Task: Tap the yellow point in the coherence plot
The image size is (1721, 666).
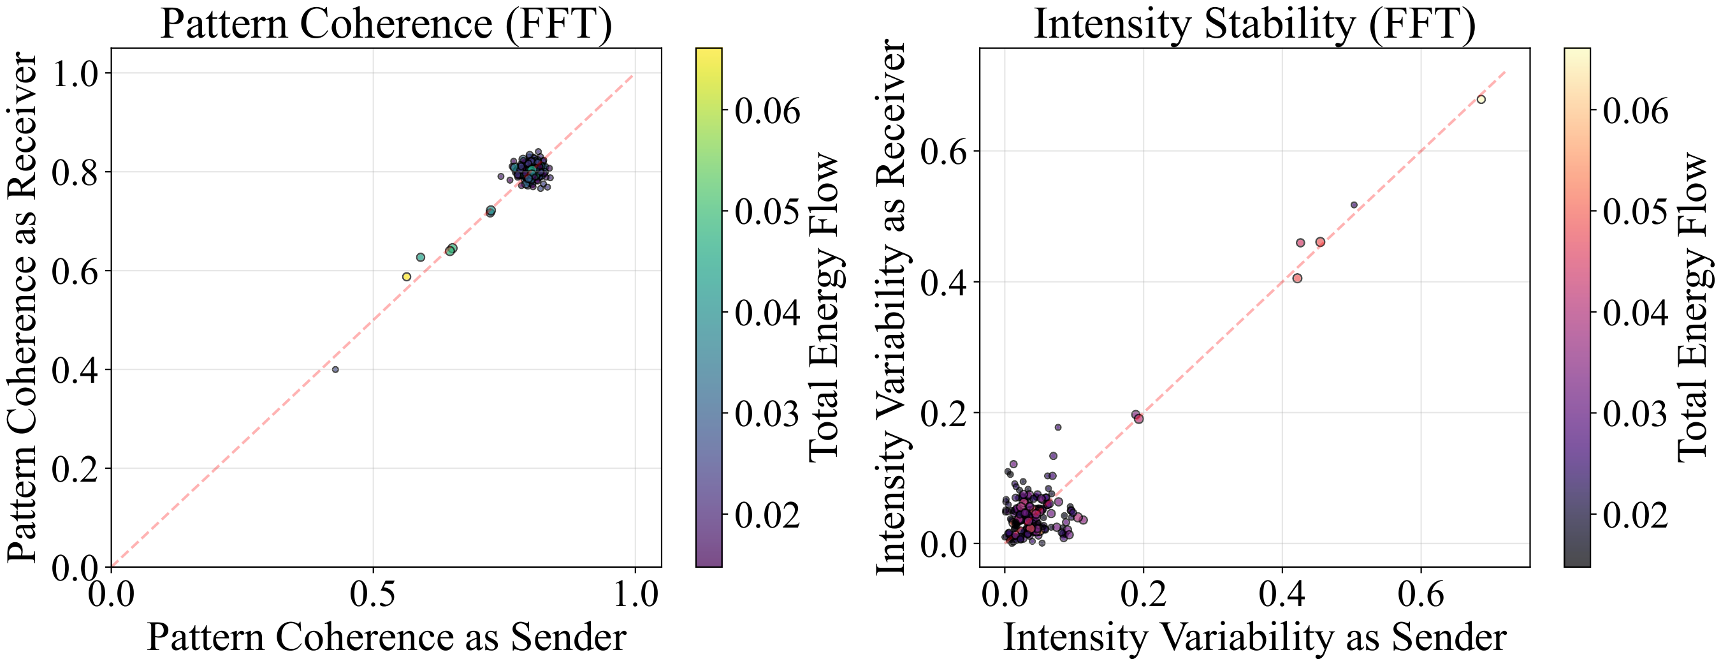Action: click(406, 277)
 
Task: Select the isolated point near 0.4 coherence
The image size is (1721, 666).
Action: click(335, 369)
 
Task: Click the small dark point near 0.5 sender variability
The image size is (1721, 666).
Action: click(1354, 205)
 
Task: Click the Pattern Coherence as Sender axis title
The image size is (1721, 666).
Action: click(386, 637)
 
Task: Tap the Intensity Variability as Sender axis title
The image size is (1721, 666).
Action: click(1254, 637)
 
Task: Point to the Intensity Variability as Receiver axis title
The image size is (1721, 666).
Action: click(890, 307)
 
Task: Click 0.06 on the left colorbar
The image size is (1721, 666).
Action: click(767, 111)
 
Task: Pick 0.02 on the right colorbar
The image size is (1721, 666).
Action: click(1635, 515)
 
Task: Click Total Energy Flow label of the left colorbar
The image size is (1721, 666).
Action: click(823, 307)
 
